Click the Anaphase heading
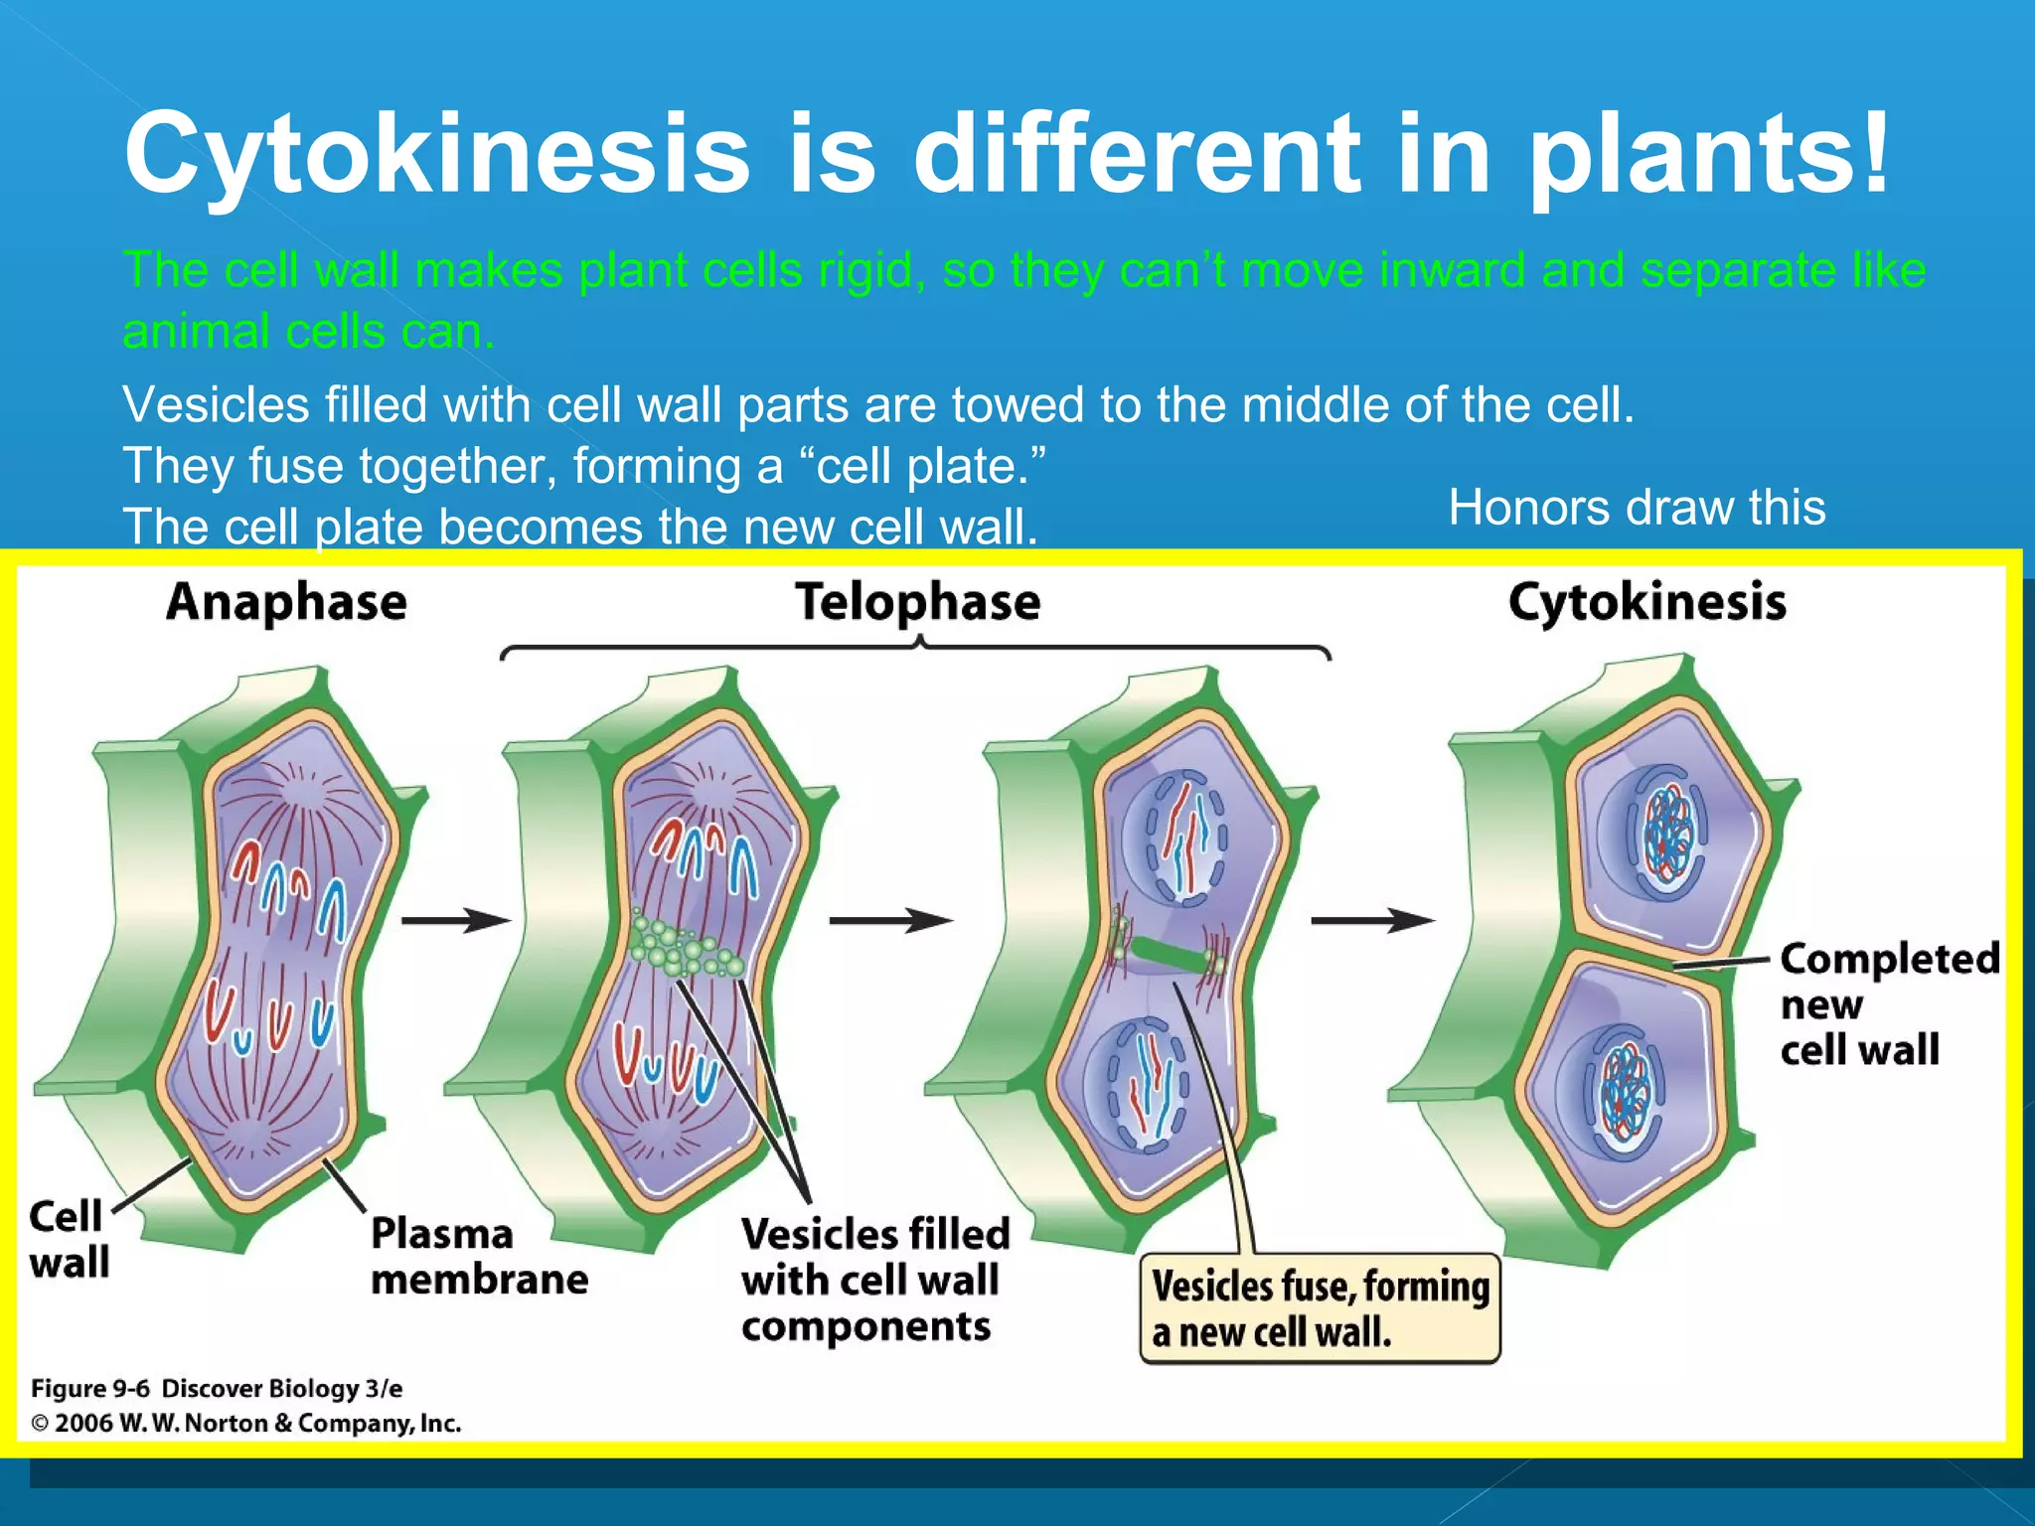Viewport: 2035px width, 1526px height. pyautogui.click(x=286, y=603)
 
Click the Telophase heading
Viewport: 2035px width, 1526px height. pyautogui.click(x=917, y=603)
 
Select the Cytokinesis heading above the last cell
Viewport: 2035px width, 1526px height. pyautogui.click(x=1646, y=603)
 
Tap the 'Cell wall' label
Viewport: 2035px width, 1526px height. pyautogui.click(x=67, y=1239)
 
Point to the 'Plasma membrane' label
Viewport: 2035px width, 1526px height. pyautogui.click(x=478, y=1256)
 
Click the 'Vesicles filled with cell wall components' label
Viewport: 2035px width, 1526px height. pyautogui.click(x=873, y=1280)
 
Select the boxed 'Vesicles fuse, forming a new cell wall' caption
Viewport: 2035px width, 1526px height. pyautogui.click(x=1320, y=1308)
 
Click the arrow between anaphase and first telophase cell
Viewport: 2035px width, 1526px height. pyautogui.click(x=455, y=921)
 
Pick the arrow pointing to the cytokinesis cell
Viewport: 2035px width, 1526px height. pyautogui.click(x=1371, y=921)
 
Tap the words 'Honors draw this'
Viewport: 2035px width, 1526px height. pyautogui.click(x=1636, y=508)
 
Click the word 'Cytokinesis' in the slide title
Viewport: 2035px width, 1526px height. pyautogui.click(x=437, y=154)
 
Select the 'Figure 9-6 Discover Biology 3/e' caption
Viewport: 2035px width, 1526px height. pyautogui.click(x=217, y=1388)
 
